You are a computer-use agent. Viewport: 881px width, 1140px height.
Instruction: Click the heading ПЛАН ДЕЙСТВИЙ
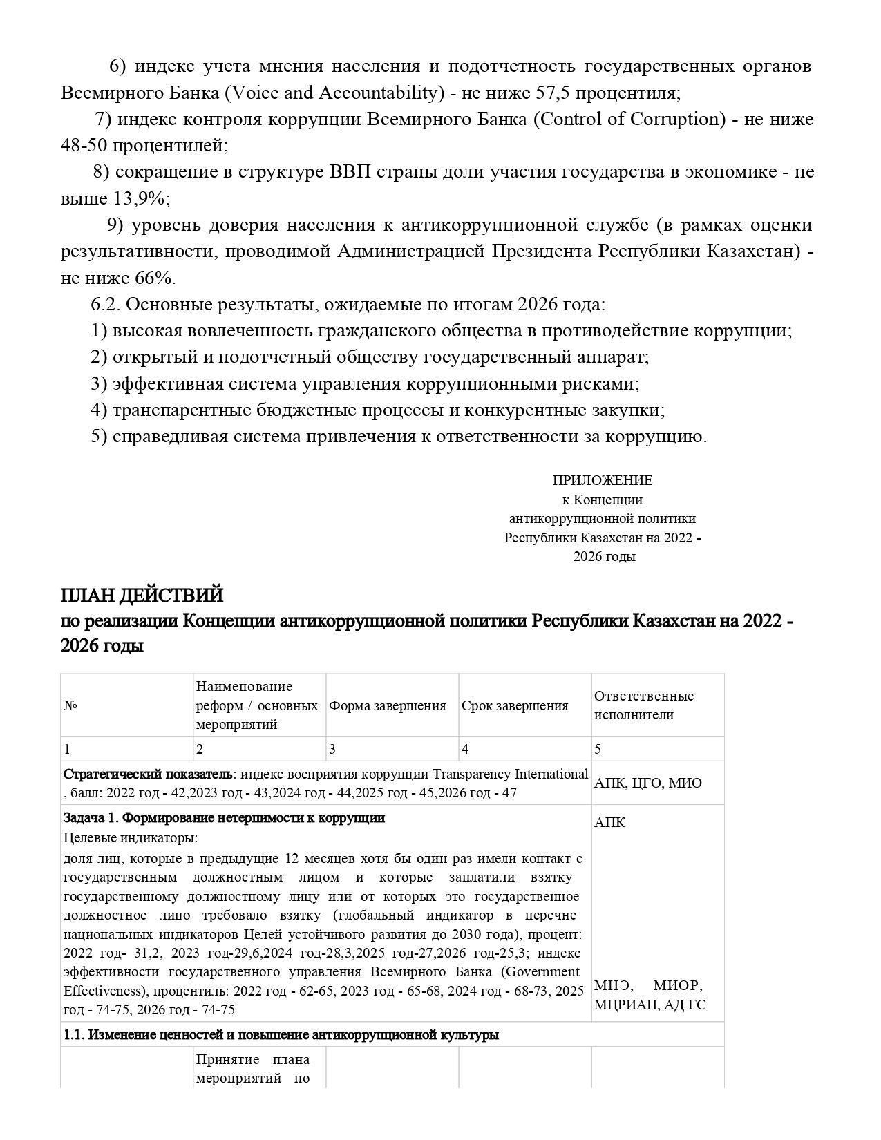[x=142, y=595]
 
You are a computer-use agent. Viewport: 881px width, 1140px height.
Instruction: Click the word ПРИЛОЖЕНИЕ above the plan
[x=602, y=480]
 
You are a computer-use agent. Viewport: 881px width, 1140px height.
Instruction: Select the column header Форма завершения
[x=387, y=705]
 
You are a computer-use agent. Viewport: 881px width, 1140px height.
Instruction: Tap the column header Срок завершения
[x=515, y=705]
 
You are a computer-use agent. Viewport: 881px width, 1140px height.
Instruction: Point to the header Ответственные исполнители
[x=643, y=705]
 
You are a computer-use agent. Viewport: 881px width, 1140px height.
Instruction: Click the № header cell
[x=70, y=705]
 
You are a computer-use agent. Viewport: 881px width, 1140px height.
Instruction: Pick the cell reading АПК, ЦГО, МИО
[x=647, y=783]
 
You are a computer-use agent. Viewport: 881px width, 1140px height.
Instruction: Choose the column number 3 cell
[x=332, y=749]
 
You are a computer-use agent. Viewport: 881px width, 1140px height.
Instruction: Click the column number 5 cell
[x=598, y=749]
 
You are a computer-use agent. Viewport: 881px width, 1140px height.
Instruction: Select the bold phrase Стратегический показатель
[x=148, y=774]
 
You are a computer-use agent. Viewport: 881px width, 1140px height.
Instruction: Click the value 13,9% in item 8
[x=138, y=198]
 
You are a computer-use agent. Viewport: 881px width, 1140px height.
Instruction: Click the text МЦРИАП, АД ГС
[x=650, y=1005]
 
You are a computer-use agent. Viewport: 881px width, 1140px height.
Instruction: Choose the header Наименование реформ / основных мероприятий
[x=257, y=705]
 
